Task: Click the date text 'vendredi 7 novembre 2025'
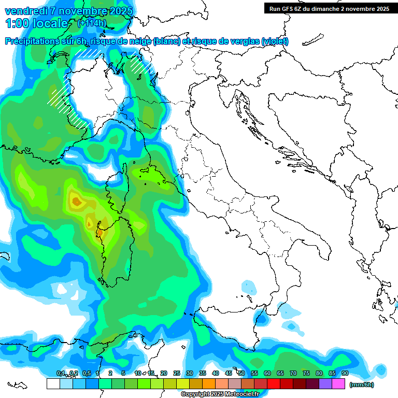coord(68,11)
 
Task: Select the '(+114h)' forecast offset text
coord(92,23)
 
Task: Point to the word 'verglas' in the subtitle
coord(244,41)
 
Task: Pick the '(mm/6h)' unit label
coord(361,385)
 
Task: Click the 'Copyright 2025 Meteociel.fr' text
coord(220,394)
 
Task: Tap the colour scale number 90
coord(345,374)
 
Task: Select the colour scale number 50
coord(241,374)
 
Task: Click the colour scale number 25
coord(177,374)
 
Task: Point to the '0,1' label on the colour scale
coord(61,374)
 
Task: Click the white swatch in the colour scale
coord(53,384)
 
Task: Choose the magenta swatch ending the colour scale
coord(338,384)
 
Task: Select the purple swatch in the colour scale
coord(325,384)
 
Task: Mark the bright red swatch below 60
coord(274,384)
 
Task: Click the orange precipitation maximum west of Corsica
coord(76,200)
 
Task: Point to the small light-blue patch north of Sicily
coord(249,286)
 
